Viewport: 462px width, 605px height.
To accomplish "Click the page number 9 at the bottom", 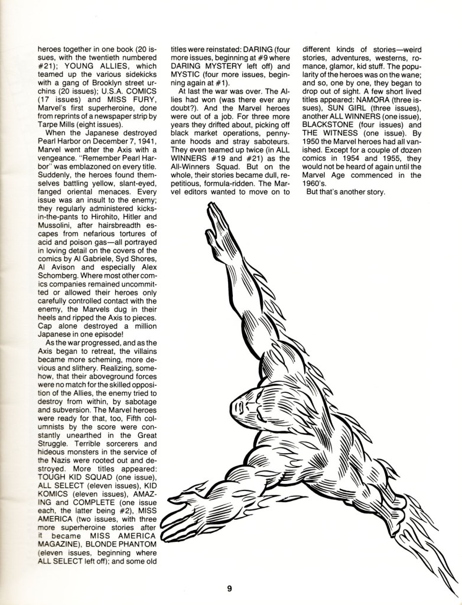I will (x=231, y=588).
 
